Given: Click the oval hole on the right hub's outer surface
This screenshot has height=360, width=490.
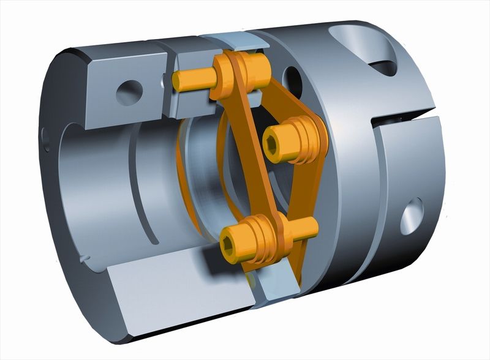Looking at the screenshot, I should tap(411, 216).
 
